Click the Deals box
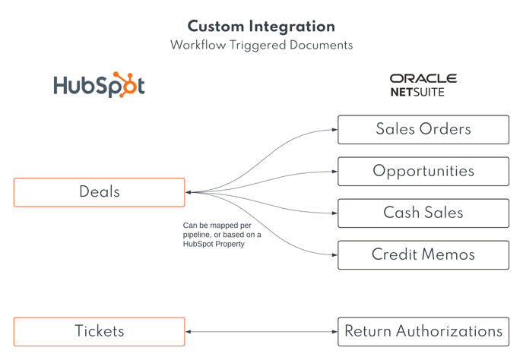[99, 192]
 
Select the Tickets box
[99, 331]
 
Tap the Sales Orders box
[423, 129]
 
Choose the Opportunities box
[423, 171]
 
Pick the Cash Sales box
[423, 213]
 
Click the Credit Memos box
[423, 255]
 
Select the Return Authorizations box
[423, 331]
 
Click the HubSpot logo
[99, 85]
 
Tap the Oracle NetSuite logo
[423, 85]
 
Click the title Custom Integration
[261, 27]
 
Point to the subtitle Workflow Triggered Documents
[261, 46]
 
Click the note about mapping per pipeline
[221, 235]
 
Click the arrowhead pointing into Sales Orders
[334, 130]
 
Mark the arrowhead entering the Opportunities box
[334, 172]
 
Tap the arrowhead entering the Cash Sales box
[334, 213]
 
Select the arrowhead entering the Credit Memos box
[334, 255]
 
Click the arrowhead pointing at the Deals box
[189, 192]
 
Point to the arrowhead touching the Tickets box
[189, 331]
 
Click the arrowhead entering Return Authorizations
[334, 331]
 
